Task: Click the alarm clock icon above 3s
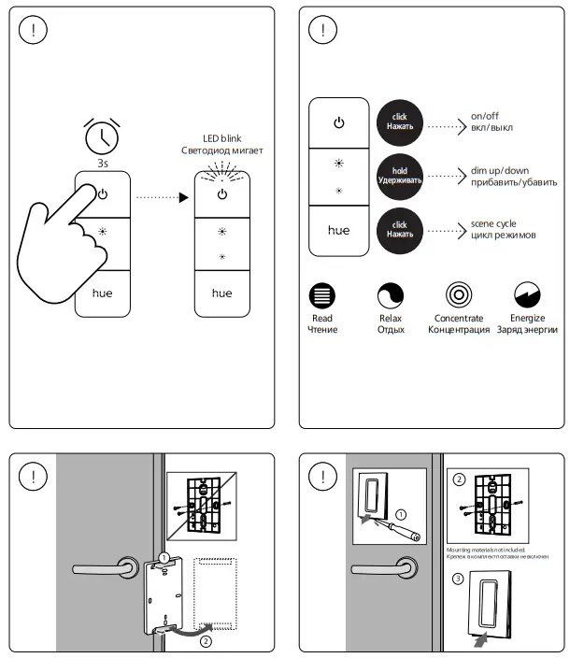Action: (x=102, y=136)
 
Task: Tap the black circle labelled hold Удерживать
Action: (x=400, y=174)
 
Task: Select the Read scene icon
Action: (x=322, y=297)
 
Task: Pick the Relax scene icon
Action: (x=390, y=297)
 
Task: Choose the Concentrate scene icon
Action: (x=458, y=297)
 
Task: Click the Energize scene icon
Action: (x=527, y=297)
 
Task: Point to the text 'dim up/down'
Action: (x=500, y=174)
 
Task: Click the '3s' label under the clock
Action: (x=101, y=162)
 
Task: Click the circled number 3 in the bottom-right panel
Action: (x=457, y=579)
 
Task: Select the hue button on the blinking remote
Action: (x=221, y=293)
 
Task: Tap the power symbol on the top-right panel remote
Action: (x=339, y=122)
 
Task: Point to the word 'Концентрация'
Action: (x=458, y=330)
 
